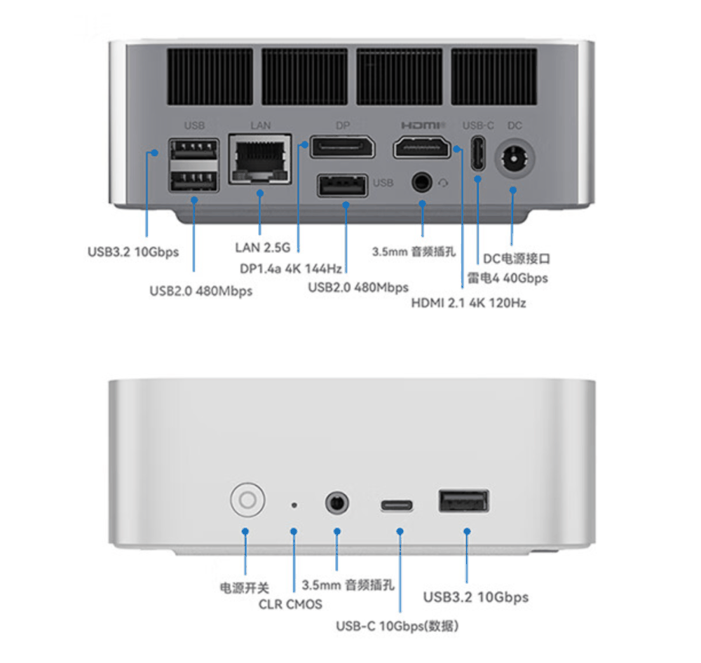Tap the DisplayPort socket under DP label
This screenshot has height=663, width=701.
click(342, 148)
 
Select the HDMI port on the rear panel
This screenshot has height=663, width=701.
click(422, 148)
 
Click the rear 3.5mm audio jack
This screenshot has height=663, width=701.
click(422, 182)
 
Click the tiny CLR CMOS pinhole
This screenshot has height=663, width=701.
click(294, 504)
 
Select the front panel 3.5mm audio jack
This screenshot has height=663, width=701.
click(337, 503)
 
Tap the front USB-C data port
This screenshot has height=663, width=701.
click(397, 505)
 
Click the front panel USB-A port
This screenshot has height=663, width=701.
click(463, 502)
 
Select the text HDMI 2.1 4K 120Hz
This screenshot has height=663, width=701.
click(468, 303)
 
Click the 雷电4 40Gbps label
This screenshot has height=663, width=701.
click(508, 278)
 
